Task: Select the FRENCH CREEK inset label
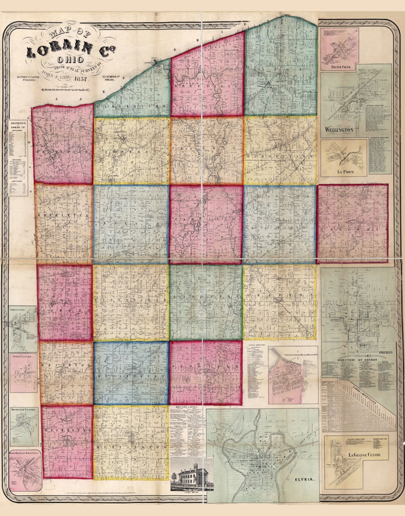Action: (339, 67)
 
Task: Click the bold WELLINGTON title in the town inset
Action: (339, 130)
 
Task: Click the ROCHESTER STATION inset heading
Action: (23, 410)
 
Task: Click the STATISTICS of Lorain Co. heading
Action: (18, 125)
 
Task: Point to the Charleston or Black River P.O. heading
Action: (296, 355)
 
